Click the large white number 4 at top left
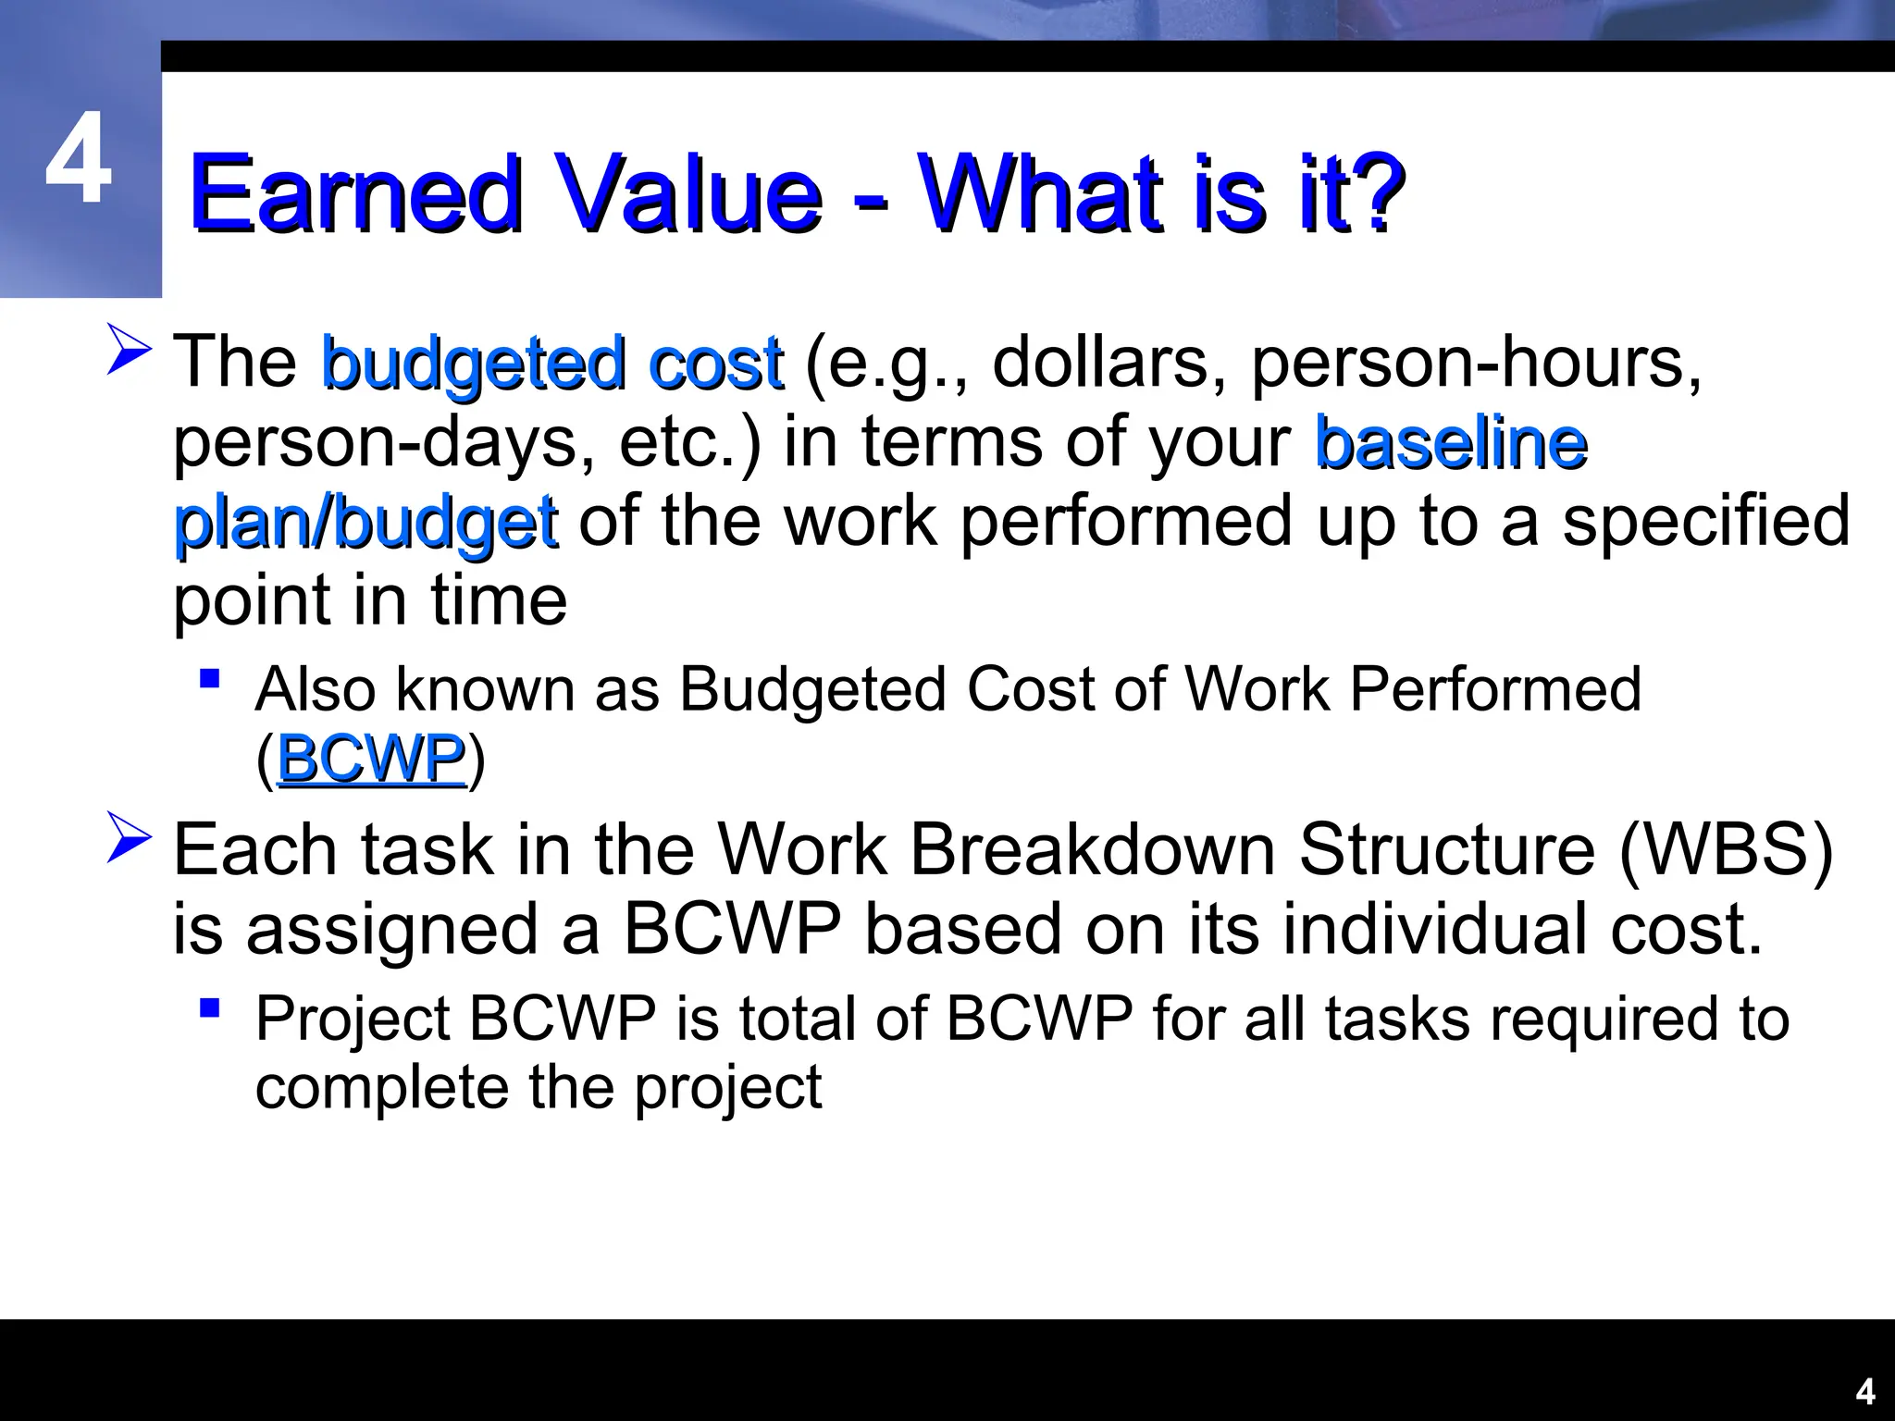[x=79, y=159]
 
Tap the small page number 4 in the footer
[x=1865, y=1392]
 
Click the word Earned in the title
[x=356, y=193]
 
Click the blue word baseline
[x=1451, y=443]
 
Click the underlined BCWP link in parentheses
[x=371, y=760]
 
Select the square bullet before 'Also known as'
[x=210, y=679]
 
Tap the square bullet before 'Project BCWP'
[x=210, y=1007]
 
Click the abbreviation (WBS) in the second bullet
[x=1726, y=849]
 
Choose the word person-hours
[x=1475, y=363]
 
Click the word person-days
[x=385, y=443]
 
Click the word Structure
[x=1447, y=849]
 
